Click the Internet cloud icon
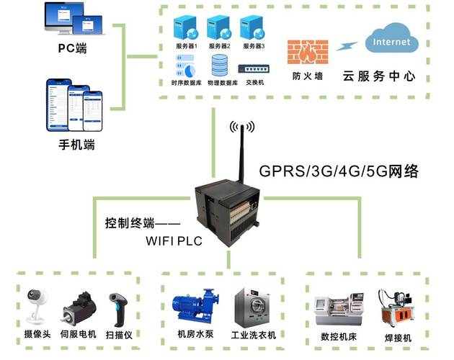tap(391, 42)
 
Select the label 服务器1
tap(186, 46)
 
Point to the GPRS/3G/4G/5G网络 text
tap(339, 172)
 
